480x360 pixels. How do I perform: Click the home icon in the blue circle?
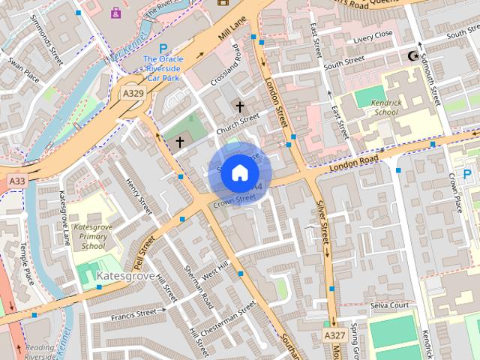coord(239,172)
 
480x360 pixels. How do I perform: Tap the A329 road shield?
coord(133,93)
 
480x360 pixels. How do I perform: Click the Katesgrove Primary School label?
coord(93,235)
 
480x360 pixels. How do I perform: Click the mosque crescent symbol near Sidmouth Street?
coord(412,56)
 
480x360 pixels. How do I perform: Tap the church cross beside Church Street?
coord(240,107)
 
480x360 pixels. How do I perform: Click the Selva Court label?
coord(388,306)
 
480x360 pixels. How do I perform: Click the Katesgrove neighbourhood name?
coord(126,277)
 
